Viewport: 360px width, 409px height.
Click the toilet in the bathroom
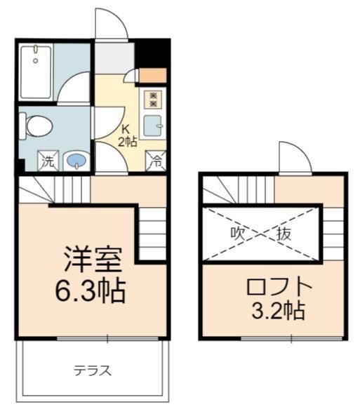[36, 126]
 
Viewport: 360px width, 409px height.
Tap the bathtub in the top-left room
[36, 72]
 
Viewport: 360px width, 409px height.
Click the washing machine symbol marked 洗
[48, 161]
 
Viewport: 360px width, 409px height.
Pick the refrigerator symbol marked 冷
[156, 161]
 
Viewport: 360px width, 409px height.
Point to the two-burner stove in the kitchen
[154, 100]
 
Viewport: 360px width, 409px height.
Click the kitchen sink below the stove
[153, 126]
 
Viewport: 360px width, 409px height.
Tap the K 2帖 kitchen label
[127, 135]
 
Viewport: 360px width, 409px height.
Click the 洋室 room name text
[93, 260]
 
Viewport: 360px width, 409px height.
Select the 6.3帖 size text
[91, 290]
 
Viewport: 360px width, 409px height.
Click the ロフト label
[279, 286]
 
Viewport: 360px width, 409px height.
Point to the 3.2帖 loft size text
[278, 310]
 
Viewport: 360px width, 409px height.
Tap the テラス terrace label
[93, 370]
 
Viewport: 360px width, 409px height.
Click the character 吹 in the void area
[238, 234]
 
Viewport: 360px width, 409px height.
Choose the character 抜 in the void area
[284, 234]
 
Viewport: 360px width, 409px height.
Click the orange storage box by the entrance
[153, 76]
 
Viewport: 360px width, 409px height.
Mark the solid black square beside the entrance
[152, 53]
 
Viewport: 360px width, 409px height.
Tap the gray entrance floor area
[114, 58]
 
